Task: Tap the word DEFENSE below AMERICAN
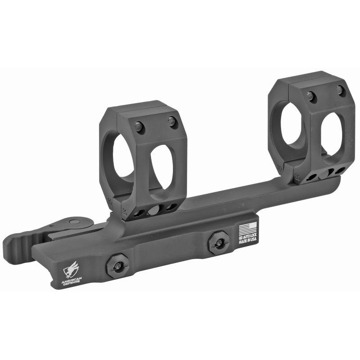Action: [71, 284]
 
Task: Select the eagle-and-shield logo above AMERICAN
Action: [71, 270]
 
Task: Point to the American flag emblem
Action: [247, 228]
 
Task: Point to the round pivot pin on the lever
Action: [73, 222]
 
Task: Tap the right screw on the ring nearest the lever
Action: [172, 121]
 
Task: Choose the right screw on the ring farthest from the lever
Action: [340, 90]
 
